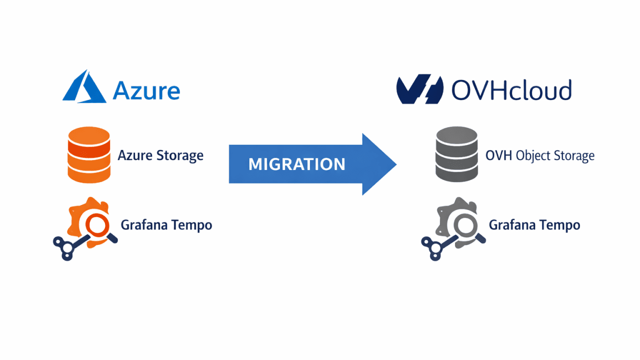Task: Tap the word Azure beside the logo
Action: point(146,90)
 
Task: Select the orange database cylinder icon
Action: point(88,154)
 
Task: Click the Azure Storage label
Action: point(160,155)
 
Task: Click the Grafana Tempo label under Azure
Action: point(166,225)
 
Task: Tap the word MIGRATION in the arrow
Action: point(297,164)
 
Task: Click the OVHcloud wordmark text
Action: point(511,90)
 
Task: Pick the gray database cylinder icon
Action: point(456,154)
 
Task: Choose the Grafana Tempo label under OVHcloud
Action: point(534,225)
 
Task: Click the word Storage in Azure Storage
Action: point(180,155)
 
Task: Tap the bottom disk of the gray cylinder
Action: point(456,171)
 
